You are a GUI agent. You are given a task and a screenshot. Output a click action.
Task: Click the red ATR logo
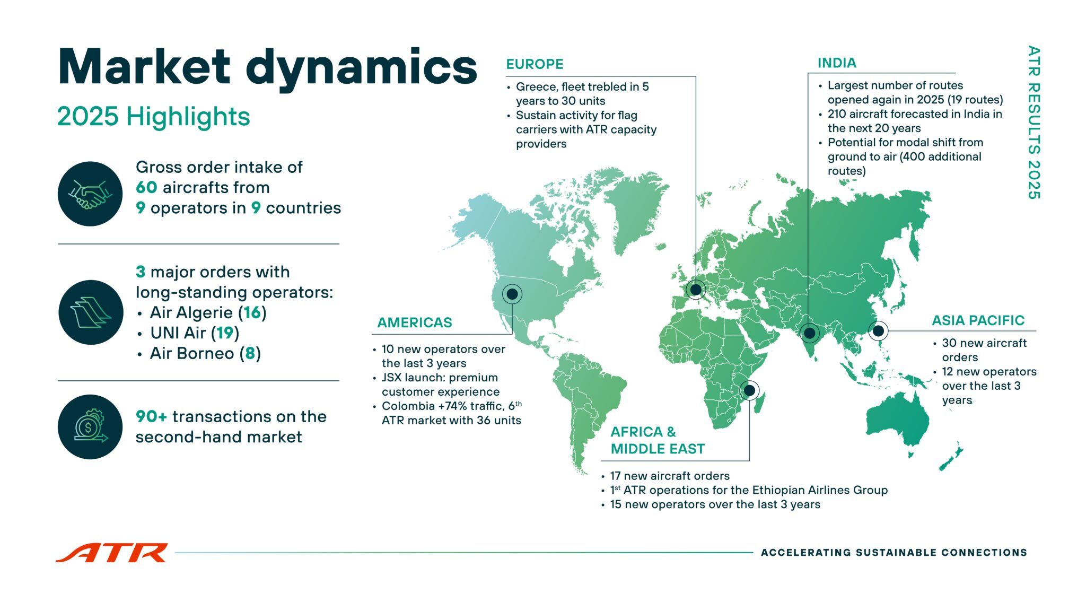111,552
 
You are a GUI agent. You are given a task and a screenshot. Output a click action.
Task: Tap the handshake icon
90,194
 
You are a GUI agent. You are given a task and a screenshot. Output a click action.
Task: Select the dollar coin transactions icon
90,426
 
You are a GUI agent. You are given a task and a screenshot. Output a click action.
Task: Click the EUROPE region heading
535,64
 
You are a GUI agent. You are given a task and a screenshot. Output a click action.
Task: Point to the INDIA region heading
837,63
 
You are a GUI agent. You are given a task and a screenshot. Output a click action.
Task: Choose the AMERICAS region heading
415,322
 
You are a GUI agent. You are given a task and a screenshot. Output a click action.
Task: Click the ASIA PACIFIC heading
978,320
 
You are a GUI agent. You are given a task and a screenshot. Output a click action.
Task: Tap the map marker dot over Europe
696,290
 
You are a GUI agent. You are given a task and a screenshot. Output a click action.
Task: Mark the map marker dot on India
810,334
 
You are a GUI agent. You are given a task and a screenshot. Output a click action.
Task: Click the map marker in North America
512,294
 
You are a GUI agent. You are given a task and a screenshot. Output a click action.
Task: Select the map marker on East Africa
749,391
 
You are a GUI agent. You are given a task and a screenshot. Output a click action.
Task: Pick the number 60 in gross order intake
146,187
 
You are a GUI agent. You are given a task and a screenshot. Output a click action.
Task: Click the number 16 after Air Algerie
252,312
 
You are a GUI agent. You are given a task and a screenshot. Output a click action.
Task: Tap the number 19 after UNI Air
225,333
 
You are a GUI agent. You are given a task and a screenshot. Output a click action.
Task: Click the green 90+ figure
152,416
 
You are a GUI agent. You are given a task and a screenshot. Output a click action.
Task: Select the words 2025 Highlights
153,116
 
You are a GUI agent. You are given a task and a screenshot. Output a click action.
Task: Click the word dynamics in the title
362,68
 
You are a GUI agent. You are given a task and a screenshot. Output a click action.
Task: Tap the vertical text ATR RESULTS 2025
1034,123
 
